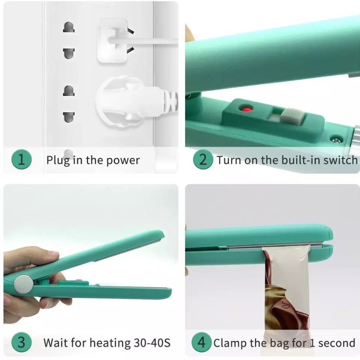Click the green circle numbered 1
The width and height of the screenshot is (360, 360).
point(21,159)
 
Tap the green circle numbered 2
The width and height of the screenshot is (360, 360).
point(203,159)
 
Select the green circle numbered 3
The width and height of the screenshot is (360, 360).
point(21,342)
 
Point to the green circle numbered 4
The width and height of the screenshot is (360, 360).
point(201,342)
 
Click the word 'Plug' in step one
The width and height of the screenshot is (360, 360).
point(57,160)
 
